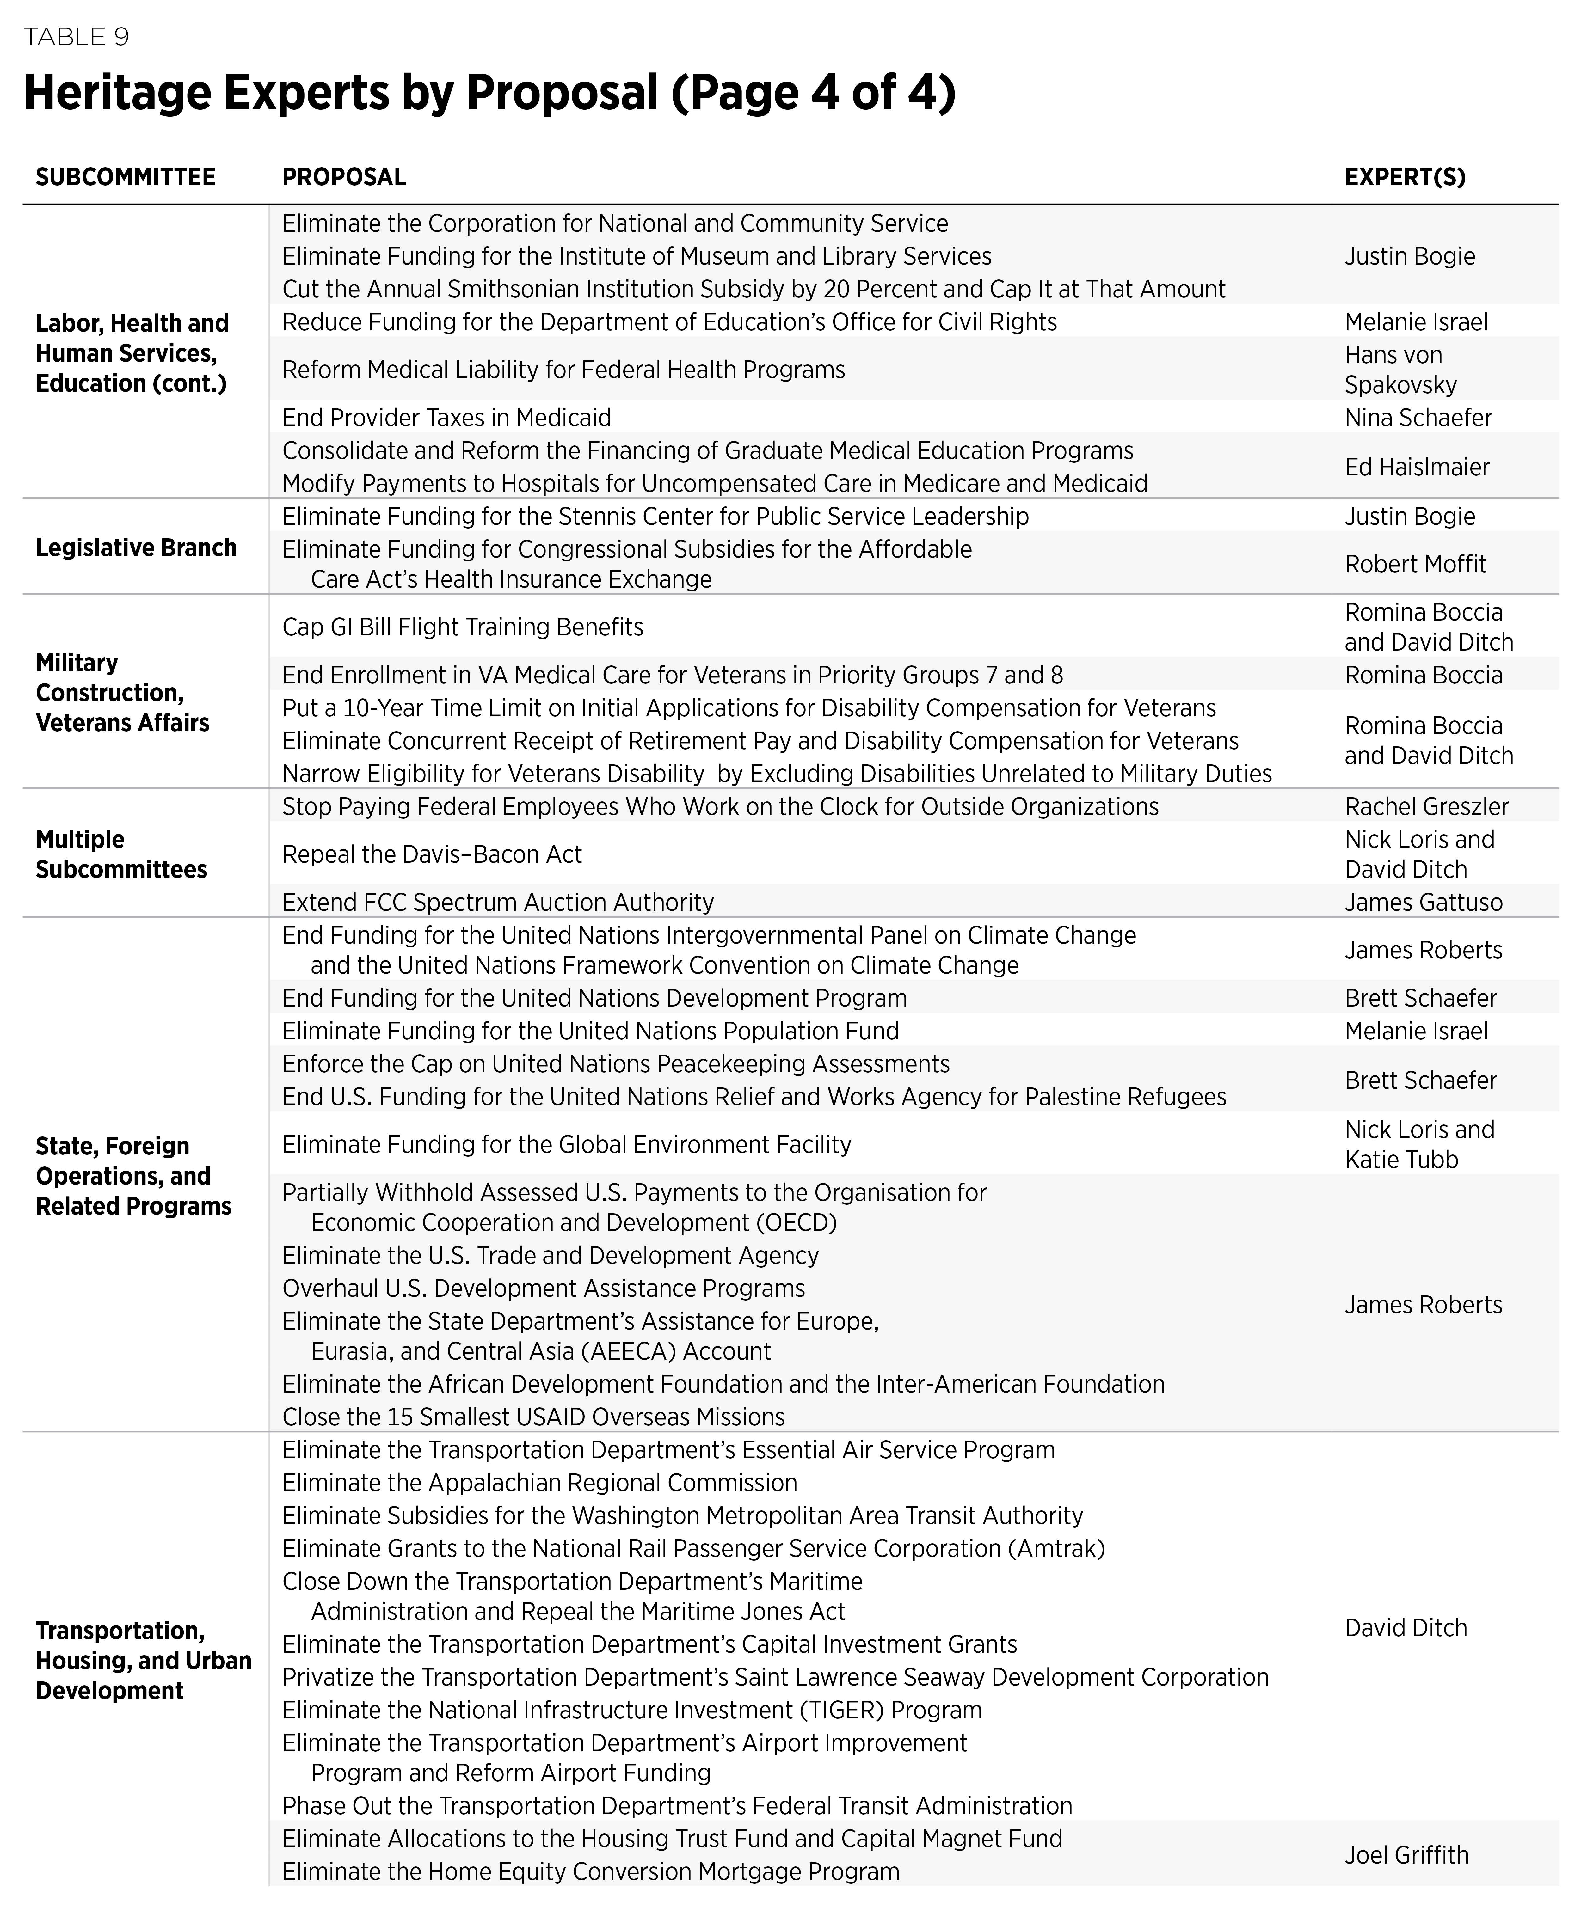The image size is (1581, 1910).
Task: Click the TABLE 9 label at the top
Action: click(x=77, y=37)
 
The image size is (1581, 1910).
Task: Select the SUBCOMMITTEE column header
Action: click(x=126, y=176)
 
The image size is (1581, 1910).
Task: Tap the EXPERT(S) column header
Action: click(x=1405, y=176)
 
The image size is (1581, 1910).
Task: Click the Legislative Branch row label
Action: click(x=136, y=548)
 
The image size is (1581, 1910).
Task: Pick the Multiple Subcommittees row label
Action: click(x=121, y=854)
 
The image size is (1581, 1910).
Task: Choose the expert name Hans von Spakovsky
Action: click(x=1400, y=369)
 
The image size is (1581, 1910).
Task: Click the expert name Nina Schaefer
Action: click(x=1417, y=418)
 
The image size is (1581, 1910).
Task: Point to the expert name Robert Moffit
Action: click(x=1415, y=564)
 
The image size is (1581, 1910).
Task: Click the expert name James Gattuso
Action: click(x=1423, y=902)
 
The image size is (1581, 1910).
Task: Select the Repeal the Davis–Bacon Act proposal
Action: click(x=431, y=854)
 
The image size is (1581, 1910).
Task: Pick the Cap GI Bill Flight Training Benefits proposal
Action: click(x=462, y=627)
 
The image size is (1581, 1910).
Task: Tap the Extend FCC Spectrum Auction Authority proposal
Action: click(x=498, y=902)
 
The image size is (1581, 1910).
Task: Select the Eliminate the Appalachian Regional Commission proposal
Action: click(x=539, y=1483)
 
